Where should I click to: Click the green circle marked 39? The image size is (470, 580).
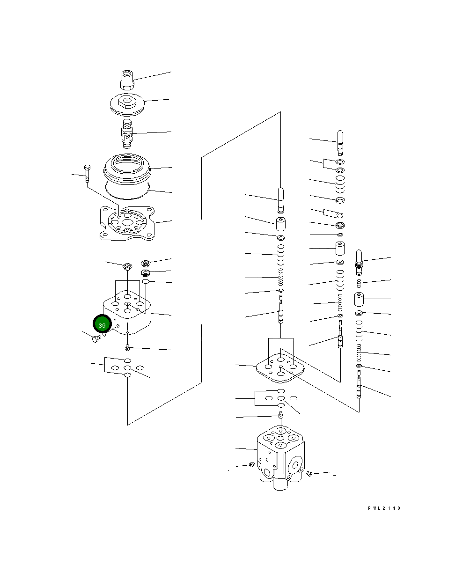[x=102, y=324]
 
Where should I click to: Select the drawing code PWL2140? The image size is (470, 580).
[x=384, y=508]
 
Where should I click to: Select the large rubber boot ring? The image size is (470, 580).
[x=127, y=169]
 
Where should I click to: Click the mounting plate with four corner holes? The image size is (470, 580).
[x=127, y=223]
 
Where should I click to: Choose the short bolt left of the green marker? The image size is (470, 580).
[x=96, y=338]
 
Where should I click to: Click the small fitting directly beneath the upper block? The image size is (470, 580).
[x=127, y=347]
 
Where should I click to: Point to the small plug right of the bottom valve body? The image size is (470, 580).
[x=309, y=474]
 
